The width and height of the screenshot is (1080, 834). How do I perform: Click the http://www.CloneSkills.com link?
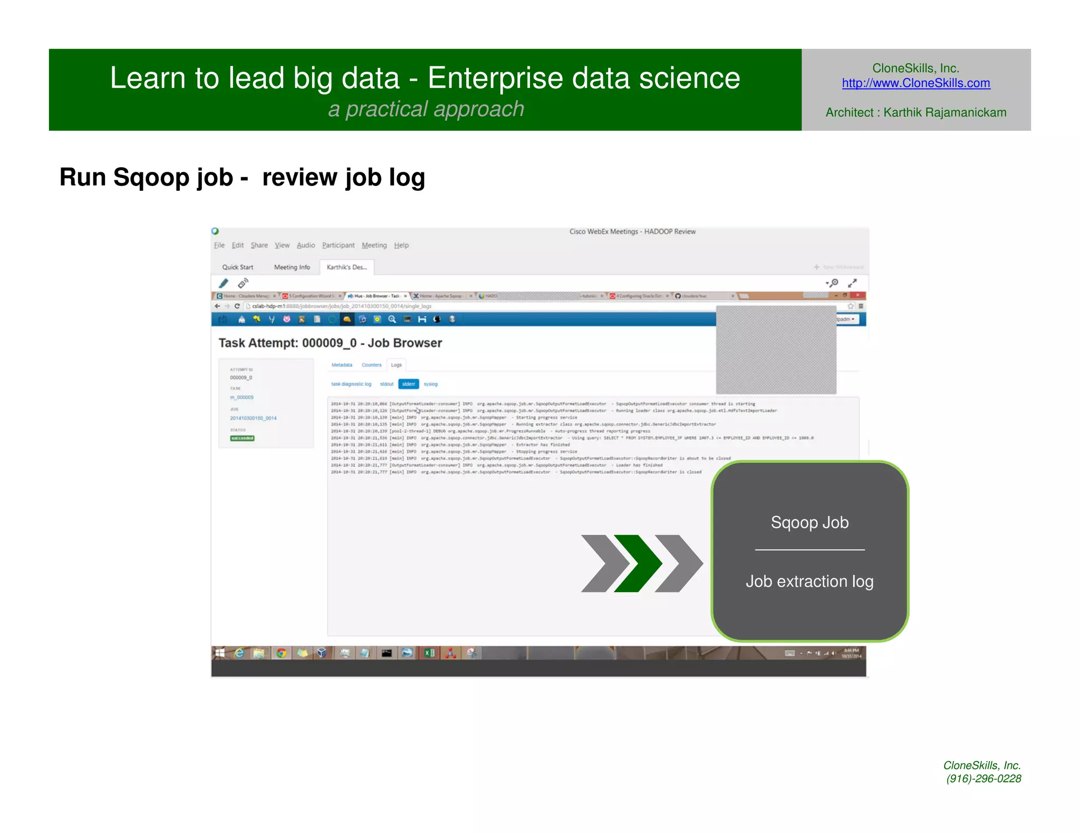coord(915,83)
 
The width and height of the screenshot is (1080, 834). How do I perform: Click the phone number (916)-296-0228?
coord(983,779)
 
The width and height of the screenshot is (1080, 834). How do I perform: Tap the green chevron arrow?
coord(638,564)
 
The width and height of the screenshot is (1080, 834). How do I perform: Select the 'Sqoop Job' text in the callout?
coord(809,522)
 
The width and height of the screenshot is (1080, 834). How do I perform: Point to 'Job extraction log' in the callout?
coord(809,581)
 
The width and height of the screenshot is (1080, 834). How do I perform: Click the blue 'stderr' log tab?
coord(409,384)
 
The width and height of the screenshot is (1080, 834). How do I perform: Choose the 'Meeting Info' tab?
coord(292,267)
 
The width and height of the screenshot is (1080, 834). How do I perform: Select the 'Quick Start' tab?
coord(237,267)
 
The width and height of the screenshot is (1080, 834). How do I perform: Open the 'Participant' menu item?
coord(338,245)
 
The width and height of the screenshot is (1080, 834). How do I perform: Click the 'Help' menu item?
coord(401,245)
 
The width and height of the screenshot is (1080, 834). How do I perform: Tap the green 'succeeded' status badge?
coord(242,438)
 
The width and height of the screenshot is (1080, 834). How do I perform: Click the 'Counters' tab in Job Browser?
coord(371,365)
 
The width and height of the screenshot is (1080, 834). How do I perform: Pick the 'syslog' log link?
coord(431,384)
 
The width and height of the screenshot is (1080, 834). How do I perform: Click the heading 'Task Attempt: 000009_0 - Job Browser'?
coord(330,343)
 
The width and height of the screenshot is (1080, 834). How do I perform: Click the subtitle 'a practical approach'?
coord(426,109)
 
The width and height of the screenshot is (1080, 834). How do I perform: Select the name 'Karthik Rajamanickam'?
coord(944,112)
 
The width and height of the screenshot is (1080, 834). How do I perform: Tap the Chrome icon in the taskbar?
coord(281,653)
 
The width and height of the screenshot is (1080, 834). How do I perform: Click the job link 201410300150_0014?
coord(253,418)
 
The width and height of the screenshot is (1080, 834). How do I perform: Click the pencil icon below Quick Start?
coord(224,283)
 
